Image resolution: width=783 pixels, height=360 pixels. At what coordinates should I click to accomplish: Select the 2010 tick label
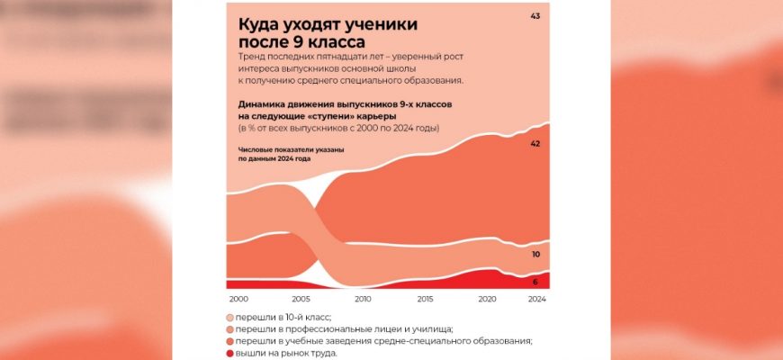(x=363, y=299)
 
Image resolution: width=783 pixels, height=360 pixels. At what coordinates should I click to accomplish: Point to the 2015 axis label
(x=425, y=299)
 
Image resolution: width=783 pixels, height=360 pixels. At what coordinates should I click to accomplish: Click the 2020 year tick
(x=488, y=299)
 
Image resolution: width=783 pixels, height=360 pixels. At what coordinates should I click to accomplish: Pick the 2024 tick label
(x=536, y=299)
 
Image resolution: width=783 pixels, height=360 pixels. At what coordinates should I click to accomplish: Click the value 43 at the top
(x=536, y=17)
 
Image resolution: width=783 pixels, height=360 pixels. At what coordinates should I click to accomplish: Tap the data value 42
(x=536, y=144)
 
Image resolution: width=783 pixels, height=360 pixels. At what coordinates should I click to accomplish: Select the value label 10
(x=536, y=255)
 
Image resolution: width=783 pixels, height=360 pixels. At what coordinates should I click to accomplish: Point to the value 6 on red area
(x=536, y=283)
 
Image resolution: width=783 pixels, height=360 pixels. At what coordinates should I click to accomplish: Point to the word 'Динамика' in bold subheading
(x=271, y=104)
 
